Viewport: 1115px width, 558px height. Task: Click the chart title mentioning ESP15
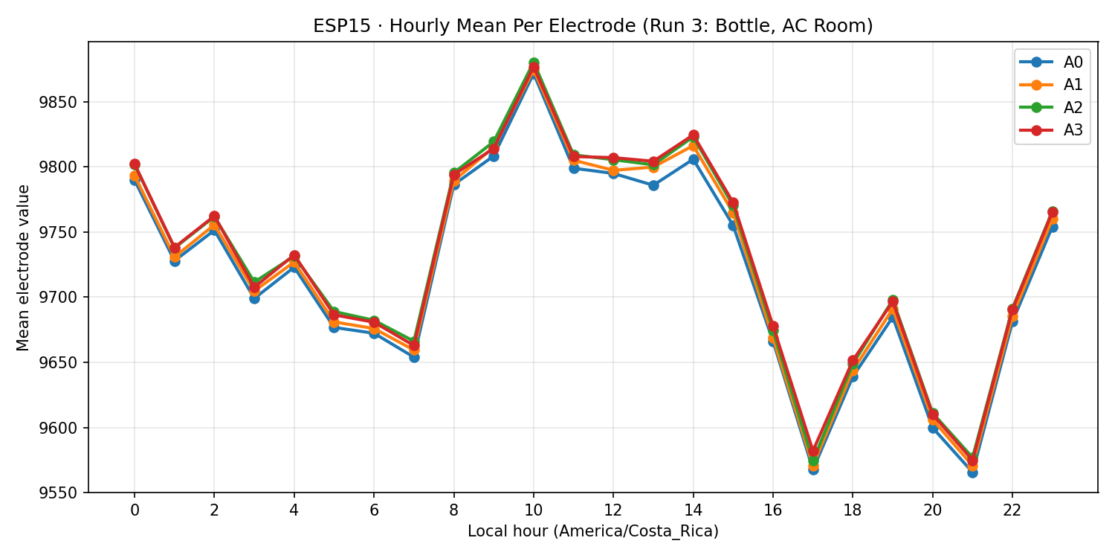(x=592, y=26)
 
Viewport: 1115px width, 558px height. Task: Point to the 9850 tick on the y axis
(x=63, y=102)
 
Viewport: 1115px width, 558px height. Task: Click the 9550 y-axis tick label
(x=63, y=493)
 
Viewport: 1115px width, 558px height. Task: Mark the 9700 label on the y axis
(x=63, y=298)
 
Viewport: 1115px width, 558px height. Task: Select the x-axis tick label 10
(x=534, y=510)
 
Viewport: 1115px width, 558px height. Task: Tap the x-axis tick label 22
(x=1012, y=510)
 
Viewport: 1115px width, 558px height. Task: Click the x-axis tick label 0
(x=135, y=510)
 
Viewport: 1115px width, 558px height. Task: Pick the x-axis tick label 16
(x=773, y=510)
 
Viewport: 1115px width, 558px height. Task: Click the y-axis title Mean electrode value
(x=24, y=267)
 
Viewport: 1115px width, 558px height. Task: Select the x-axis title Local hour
(x=592, y=532)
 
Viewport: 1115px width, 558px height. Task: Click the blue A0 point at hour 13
(x=653, y=185)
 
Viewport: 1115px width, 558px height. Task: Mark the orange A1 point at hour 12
(x=613, y=170)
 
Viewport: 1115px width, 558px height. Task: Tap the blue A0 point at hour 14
(x=694, y=159)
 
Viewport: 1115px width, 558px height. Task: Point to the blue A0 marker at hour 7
(x=414, y=357)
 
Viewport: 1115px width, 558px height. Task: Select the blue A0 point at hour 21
(x=972, y=472)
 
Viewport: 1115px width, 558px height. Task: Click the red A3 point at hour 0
(x=135, y=164)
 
